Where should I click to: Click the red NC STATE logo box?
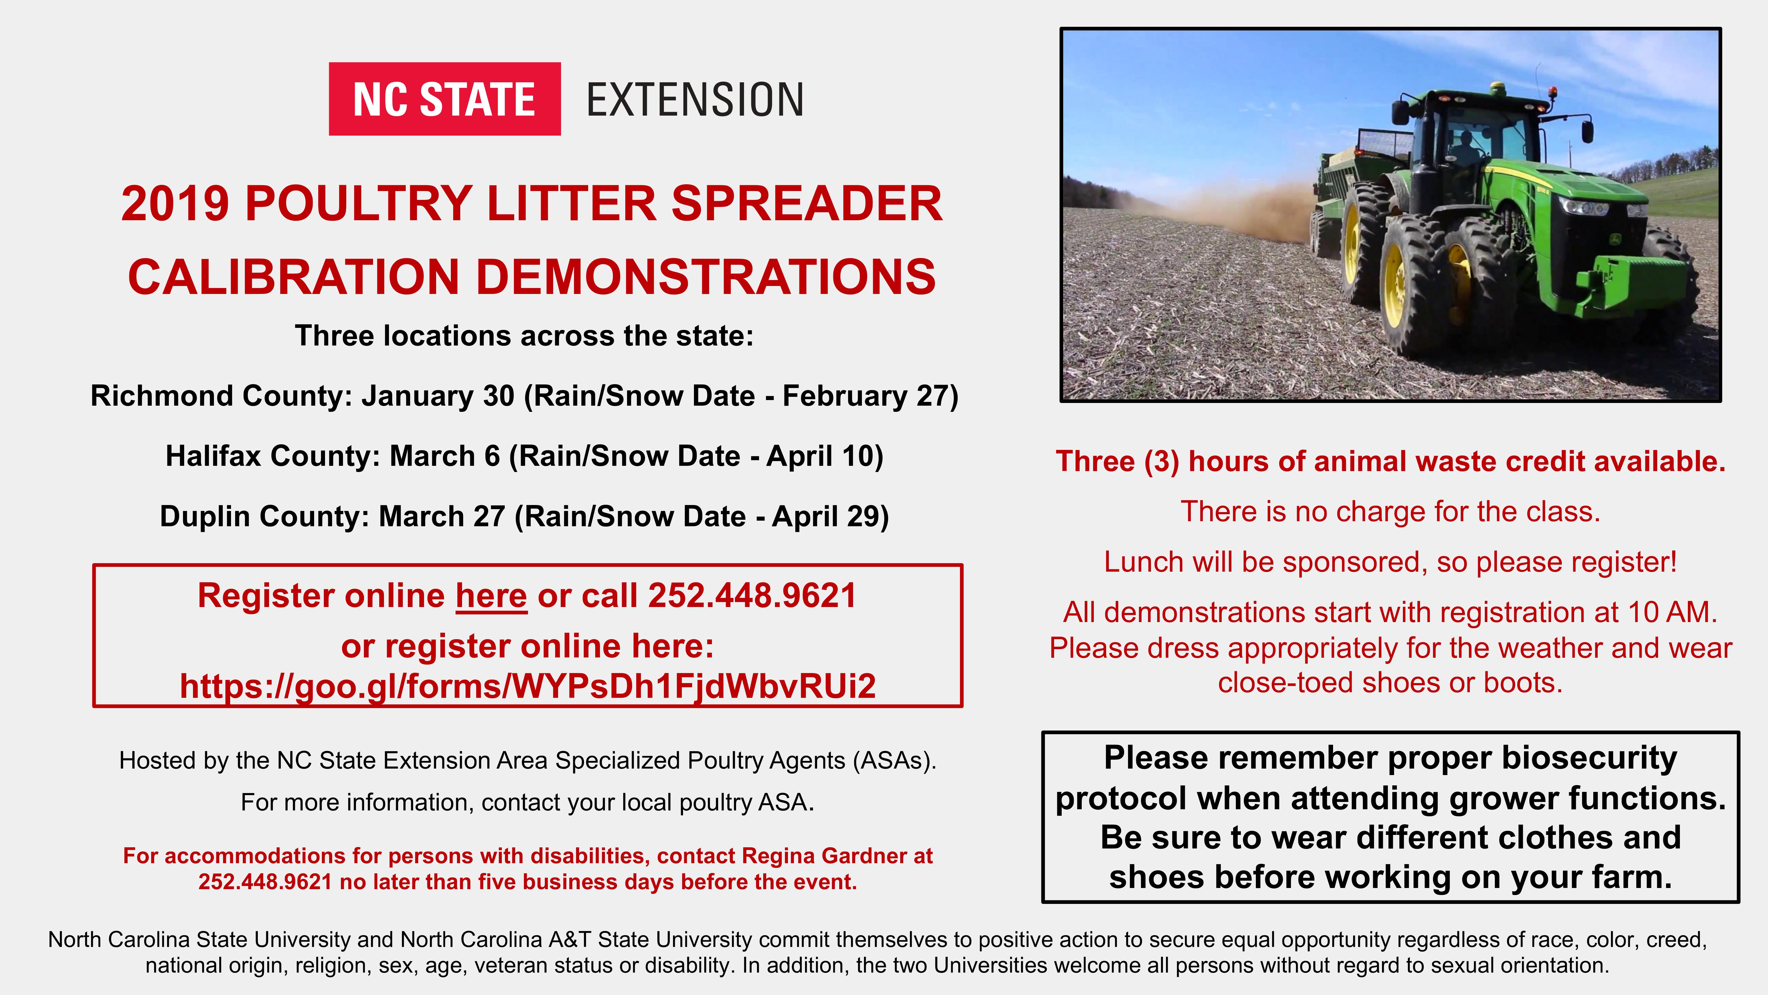[x=445, y=99]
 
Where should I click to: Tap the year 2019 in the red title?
[x=175, y=204]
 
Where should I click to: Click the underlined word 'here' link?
[x=492, y=596]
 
